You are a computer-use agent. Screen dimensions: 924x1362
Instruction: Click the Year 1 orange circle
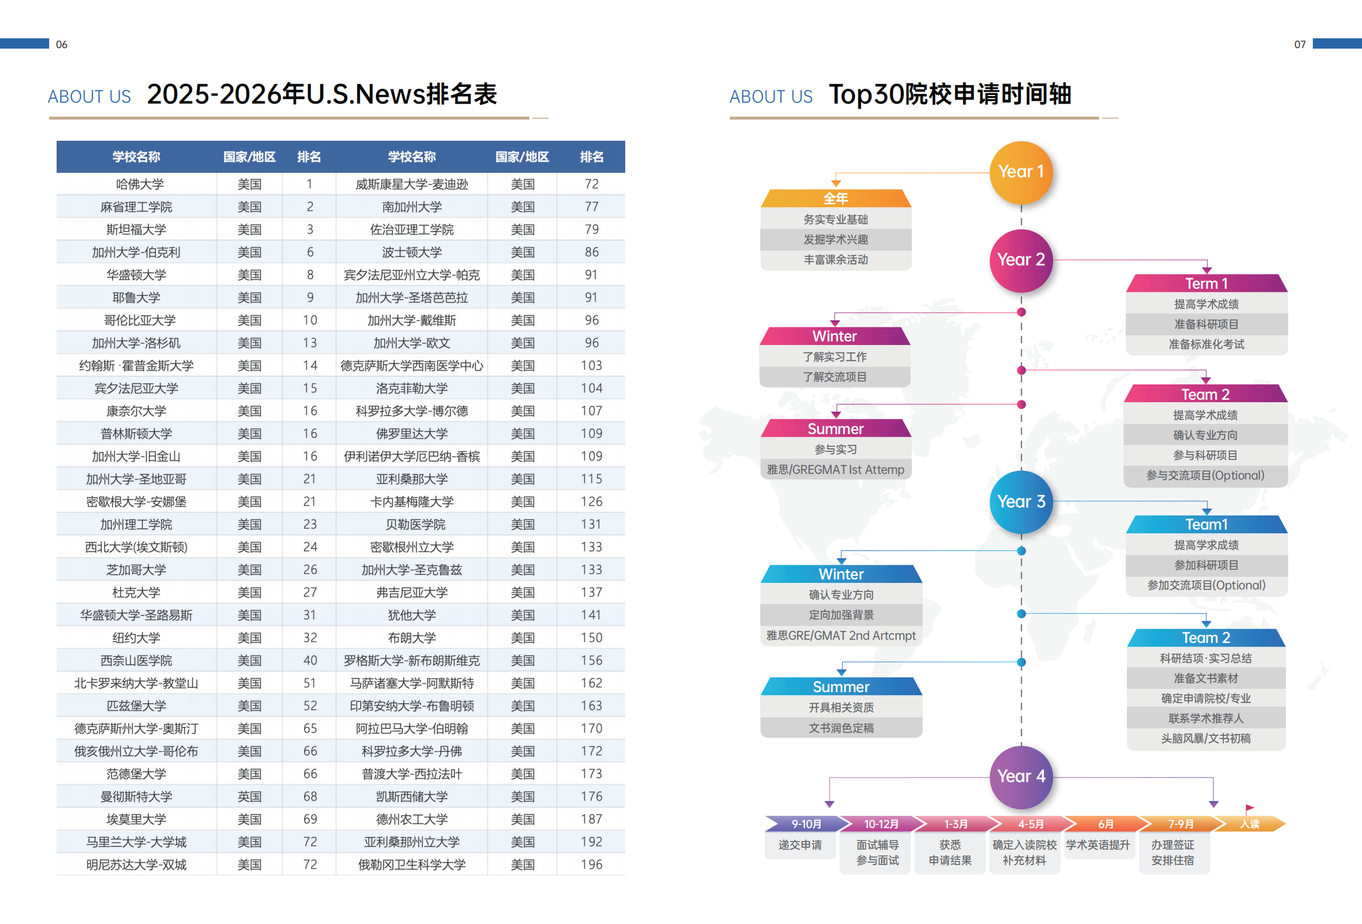[x=1021, y=172]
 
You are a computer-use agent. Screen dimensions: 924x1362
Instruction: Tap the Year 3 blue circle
[x=1021, y=502]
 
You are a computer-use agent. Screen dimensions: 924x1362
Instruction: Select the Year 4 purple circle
[x=1021, y=776]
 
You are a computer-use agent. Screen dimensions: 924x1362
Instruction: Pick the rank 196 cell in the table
[x=591, y=864]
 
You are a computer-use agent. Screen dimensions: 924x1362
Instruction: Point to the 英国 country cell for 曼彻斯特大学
[x=249, y=796]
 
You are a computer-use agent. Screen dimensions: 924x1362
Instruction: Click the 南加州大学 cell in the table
[x=411, y=207]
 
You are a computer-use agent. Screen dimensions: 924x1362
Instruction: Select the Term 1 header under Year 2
[x=1206, y=284]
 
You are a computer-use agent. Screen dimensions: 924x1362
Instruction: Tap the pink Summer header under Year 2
[x=835, y=429]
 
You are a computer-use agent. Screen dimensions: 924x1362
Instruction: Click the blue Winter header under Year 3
[x=841, y=574]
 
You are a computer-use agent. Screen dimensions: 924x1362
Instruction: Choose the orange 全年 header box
[x=835, y=199]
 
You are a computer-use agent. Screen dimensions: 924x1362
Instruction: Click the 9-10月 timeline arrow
[x=806, y=824]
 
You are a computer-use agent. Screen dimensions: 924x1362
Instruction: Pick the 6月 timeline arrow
[x=1105, y=824]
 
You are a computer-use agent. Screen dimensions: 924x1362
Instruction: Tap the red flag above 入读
[x=1249, y=808]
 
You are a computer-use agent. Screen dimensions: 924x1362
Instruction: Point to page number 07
[x=1300, y=45]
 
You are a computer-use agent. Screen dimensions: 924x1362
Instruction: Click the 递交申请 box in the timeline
[x=800, y=845]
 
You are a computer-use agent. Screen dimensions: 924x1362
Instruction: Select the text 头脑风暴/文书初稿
[x=1205, y=738]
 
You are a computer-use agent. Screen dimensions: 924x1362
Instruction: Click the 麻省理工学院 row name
[x=136, y=207]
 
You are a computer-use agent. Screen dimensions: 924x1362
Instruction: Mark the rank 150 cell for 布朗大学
[x=591, y=637]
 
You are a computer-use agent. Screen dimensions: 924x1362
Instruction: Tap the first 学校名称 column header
[x=136, y=157]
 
